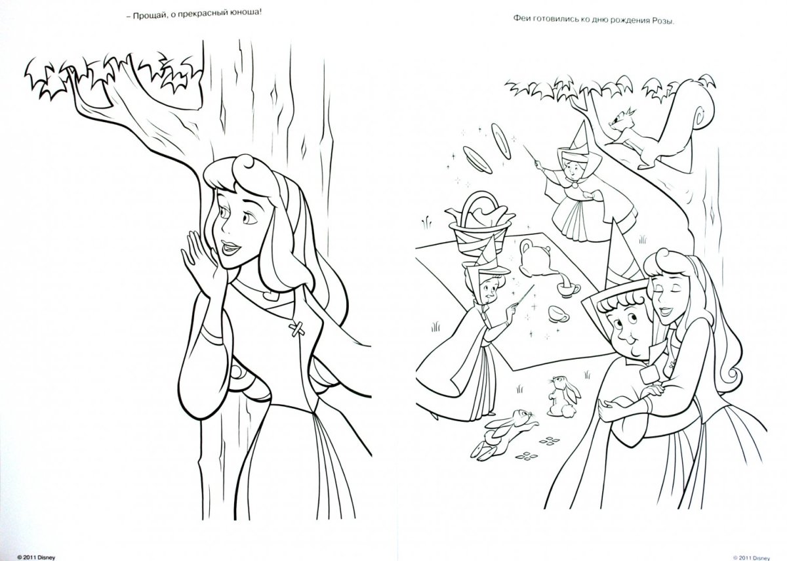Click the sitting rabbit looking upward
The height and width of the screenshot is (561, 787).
[563, 396]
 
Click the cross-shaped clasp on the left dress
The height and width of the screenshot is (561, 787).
[297, 329]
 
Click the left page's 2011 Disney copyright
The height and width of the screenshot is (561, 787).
[36, 558]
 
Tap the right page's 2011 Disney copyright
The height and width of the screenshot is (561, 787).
[751, 558]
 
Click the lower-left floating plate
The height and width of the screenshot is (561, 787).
[477, 159]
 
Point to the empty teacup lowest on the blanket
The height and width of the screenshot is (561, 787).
[558, 314]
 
